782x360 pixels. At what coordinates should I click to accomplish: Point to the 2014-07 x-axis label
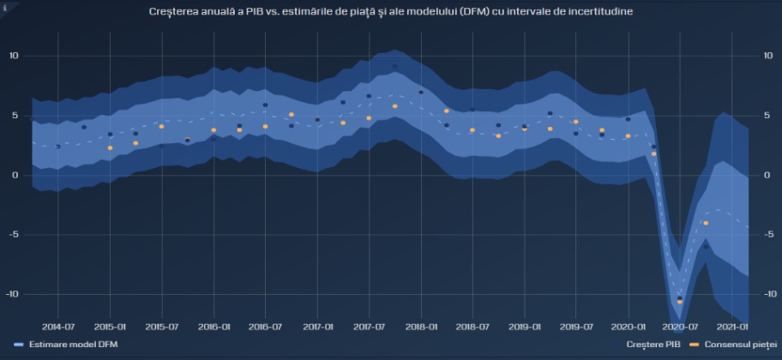[57, 327]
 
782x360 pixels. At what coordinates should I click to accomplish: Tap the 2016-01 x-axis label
[214, 327]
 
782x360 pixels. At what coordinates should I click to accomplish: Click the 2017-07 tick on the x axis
[369, 327]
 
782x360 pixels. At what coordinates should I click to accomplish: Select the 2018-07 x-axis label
[472, 327]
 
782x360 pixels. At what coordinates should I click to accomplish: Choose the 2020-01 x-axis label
[629, 327]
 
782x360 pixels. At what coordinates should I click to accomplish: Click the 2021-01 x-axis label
[731, 327]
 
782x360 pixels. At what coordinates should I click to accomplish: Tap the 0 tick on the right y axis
[766, 175]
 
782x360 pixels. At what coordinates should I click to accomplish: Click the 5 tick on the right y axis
[766, 115]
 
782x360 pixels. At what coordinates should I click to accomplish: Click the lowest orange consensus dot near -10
[680, 302]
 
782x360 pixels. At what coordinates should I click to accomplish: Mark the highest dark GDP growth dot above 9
[394, 66]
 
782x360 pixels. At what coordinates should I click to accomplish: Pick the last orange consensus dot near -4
[706, 223]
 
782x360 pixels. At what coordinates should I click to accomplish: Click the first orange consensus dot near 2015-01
[110, 147]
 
